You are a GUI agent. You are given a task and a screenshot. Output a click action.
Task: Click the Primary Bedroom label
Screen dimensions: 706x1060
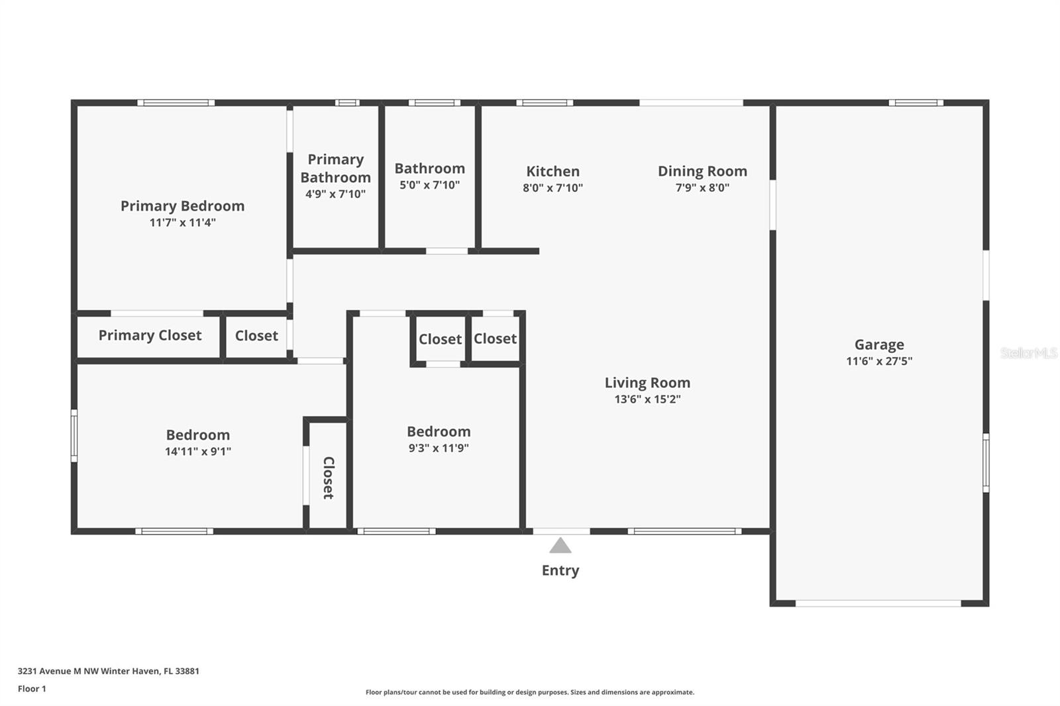pos(182,206)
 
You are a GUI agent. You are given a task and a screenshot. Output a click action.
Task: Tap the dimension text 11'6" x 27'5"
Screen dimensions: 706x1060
pos(878,361)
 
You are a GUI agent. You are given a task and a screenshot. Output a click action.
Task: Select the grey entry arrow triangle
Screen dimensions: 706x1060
pos(560,546)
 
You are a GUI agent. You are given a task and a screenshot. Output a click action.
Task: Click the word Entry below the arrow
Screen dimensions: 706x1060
pos(560,570)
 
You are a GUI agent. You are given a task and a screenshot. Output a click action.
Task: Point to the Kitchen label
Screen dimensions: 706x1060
pos(553,172)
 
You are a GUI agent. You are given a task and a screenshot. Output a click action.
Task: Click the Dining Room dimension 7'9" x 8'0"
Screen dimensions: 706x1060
pos(702,187)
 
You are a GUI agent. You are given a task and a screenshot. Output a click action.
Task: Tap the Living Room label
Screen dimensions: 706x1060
pos(647,383)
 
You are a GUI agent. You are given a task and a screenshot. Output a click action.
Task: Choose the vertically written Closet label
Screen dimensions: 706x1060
pos(328,477)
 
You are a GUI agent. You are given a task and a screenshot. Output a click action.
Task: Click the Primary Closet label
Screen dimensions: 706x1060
pos(150,336)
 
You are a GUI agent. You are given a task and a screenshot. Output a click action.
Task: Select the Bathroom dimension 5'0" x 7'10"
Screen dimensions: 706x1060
pos(429,185)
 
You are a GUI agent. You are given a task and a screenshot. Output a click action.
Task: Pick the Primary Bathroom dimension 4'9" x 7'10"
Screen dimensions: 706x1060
pos(335,194)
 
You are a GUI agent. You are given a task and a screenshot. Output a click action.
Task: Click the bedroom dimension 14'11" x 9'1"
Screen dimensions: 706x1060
pos(197,452)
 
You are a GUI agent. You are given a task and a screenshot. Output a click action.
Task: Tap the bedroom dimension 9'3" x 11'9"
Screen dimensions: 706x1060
pos(439,448)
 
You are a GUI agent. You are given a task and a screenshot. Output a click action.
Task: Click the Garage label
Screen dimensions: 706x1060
pos(878,344)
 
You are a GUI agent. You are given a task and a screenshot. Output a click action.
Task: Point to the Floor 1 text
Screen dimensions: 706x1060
pos(32,689)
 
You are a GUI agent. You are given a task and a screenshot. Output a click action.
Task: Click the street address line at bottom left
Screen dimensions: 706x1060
pos(108,671)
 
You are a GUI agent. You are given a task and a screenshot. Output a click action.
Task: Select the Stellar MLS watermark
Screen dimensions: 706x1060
pos(1028,353)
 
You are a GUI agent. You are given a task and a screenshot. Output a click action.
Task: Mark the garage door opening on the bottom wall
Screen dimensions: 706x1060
pos(878,603)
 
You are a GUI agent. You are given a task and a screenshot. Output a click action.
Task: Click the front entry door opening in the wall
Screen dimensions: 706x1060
pos(561,531)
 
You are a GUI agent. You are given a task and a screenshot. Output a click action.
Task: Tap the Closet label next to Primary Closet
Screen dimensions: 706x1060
pos(256,336)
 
